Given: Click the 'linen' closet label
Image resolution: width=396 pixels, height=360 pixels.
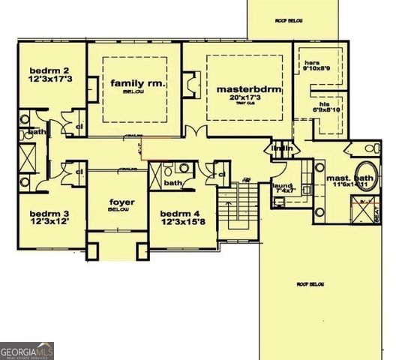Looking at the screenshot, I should tap(282, 149).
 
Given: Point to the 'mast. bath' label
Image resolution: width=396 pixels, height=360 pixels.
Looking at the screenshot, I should tap(347, 178).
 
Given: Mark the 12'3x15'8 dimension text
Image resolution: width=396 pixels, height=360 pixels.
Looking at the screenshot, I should tap(183, 223).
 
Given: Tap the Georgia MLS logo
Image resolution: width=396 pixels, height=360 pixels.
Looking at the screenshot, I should tap(27, 350).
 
